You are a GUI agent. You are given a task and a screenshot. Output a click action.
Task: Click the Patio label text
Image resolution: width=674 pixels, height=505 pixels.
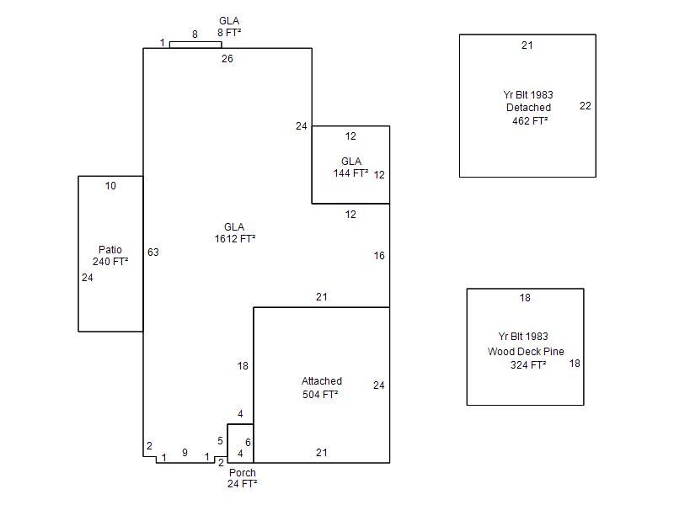(x=110, y=249)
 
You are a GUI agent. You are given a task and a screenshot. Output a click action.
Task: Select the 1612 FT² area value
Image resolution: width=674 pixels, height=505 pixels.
(x=235, y=239)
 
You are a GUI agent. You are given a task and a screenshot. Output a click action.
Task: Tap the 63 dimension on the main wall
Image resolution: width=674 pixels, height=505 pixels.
(x=153, y=252)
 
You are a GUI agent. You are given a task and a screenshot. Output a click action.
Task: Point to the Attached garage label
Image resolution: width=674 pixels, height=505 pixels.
(x=322, y=381)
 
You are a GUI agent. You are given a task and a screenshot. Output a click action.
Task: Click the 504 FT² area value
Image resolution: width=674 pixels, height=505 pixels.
(x=320, y=394)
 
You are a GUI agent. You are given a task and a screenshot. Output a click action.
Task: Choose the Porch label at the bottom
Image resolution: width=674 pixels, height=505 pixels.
(x=243, y=472)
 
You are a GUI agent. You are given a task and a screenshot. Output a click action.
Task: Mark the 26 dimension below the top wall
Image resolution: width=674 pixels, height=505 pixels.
(x=227, y=58)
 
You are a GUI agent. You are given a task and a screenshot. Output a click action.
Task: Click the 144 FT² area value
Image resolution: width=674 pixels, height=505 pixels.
(x=350, y=173)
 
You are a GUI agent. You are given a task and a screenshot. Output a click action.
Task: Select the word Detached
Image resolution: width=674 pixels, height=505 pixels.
(x=528, y=108)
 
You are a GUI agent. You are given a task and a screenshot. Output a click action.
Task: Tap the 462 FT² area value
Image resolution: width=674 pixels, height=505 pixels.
(x=530, y=120)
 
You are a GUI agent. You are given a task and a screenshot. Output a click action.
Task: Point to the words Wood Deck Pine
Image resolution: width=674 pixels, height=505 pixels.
(x=526, y=351)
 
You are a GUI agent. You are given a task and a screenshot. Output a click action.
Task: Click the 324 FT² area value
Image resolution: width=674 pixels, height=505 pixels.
(x=528, y=364)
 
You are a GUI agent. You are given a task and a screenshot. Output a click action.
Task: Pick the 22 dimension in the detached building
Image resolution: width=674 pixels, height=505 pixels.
(x=585, y=106)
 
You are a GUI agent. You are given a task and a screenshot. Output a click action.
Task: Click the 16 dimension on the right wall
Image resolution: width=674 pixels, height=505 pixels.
(x=378, y=256)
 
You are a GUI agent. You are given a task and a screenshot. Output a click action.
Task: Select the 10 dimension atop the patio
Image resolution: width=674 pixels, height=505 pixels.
(x=110, y=185)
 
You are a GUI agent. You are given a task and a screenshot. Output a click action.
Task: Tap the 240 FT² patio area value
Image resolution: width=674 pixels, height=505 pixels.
(x=110, y=261)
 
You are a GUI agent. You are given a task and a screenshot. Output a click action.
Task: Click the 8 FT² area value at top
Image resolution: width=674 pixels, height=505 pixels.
(x=229, y=32)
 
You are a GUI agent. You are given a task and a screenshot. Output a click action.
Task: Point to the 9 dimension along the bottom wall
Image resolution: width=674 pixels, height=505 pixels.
(x=185, y=452)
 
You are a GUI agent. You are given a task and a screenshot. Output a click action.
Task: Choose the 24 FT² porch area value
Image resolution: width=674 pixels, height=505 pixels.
(x=243, y=483)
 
